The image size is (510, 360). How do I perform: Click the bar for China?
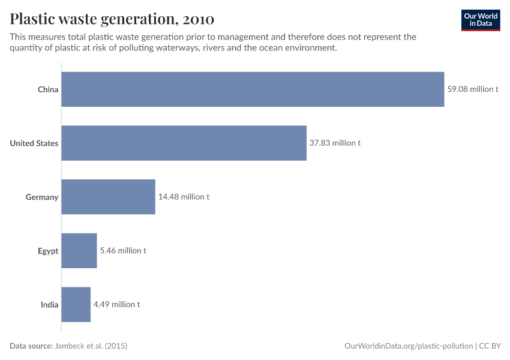tap(253, 89)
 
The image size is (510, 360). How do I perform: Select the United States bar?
tap(184, 143)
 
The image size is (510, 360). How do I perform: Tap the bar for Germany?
tap(108, 197)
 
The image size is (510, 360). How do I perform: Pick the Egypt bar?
tap(79, 250)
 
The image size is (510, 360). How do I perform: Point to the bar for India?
tap(76, 304)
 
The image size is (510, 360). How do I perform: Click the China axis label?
tap(48, 89)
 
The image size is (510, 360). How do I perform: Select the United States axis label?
tap(34, 143)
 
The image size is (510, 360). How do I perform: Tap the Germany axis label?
tap(42, 197)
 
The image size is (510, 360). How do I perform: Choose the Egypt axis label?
tap(48, 251)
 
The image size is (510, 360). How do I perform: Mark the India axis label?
tap(49, 304)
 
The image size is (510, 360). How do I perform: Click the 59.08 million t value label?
tap(472, 89)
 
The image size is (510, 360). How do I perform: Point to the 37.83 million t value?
tap(335, 143)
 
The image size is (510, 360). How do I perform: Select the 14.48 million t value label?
tap(184, 197)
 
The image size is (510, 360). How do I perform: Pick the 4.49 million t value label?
tap(116, 304)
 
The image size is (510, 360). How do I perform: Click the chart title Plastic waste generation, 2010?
tap(112, 19)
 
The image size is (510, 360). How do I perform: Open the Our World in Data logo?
tap(480, 20)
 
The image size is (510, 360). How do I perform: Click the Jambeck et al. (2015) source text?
tap(91, 346)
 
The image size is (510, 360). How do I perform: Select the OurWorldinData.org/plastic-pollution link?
tap(409, 346)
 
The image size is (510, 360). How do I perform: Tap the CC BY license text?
tap(490, 346)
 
